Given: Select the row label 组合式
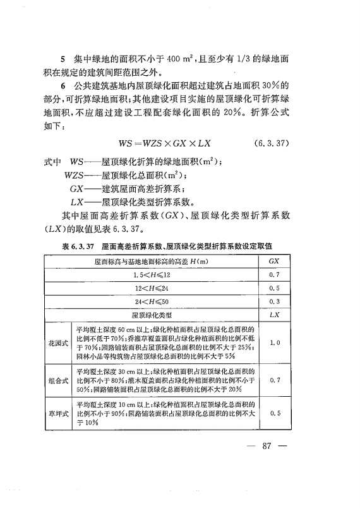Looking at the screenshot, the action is pyautogui.click(x=58, y=381).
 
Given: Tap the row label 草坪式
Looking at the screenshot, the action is pyautogui.click(x=58, y=413).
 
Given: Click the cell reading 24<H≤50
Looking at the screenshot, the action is pyautogui.click(x=152, y=301).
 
